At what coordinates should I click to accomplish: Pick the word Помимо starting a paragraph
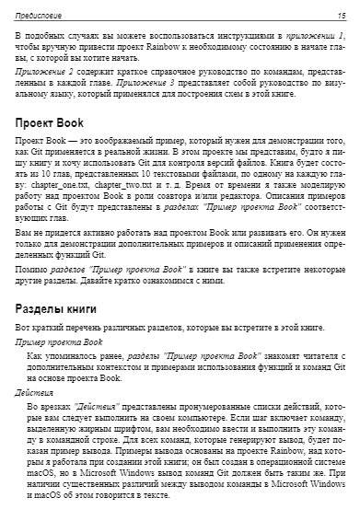pyautogui.click(x=30, y=269)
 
